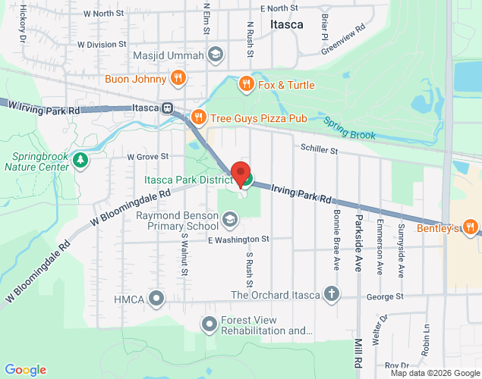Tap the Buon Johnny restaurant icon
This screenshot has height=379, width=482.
pyautogui.click(x=178, y=78)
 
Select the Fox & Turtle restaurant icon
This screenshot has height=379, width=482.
pyautogui.click(x=245, y=85)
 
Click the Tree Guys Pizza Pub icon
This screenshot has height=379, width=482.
pyautogui.click(x=198, y=117)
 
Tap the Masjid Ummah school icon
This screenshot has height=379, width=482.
pyautogui.click(x=216, y=55)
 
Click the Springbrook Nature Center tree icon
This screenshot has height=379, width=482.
pyautogui.click(x=80, y=160)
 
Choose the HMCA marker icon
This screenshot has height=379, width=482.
pyautogui.click(x=157, y=299)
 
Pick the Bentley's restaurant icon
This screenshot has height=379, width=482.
pyautogui.click(x=471, y=227)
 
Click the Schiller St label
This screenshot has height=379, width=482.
pyautogui.click(x=319, y=151)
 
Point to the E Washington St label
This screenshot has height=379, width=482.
pyautogui.click(x=239, y=239)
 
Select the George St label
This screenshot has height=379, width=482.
pyautogui.click(x=383, y=296)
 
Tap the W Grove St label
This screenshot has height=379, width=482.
pyautogui.click(x=142, y=157)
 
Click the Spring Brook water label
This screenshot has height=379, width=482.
pyautogui.click(x=349, y=127)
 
